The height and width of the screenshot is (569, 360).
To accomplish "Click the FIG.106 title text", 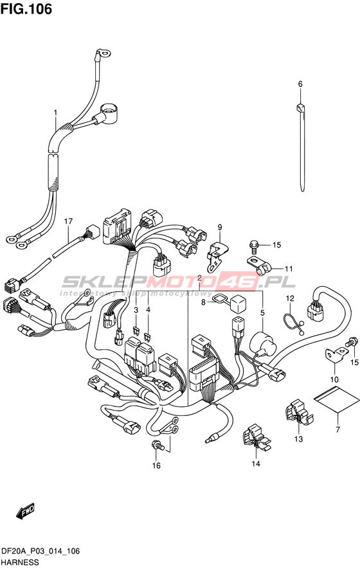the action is (26, 9).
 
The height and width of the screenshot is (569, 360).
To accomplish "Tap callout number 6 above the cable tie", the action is (300, 84).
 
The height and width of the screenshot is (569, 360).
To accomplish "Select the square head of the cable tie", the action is (300, 108).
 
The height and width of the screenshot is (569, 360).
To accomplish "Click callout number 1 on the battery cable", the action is (55, 113).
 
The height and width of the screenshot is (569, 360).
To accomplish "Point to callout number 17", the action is (68, 221).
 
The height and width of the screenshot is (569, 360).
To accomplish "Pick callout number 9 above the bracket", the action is (220, 228).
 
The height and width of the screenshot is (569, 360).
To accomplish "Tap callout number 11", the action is (289, 269).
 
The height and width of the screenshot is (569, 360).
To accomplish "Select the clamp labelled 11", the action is (259, 264).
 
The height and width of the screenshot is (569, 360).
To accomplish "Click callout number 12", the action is (290, 299).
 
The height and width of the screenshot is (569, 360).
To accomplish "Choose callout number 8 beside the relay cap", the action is (203, 302).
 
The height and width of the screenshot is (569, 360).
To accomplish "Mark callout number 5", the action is (262, 312).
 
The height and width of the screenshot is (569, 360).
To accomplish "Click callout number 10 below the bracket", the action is (334, 379).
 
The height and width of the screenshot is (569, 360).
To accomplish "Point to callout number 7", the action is (338, 430).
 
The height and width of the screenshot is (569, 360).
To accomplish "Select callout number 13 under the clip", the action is (298, 440).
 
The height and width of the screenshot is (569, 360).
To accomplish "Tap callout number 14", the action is (256, 464).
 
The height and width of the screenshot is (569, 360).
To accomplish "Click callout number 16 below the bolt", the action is (156, 465).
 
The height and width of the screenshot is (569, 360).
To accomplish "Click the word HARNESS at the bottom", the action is (20, 563).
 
